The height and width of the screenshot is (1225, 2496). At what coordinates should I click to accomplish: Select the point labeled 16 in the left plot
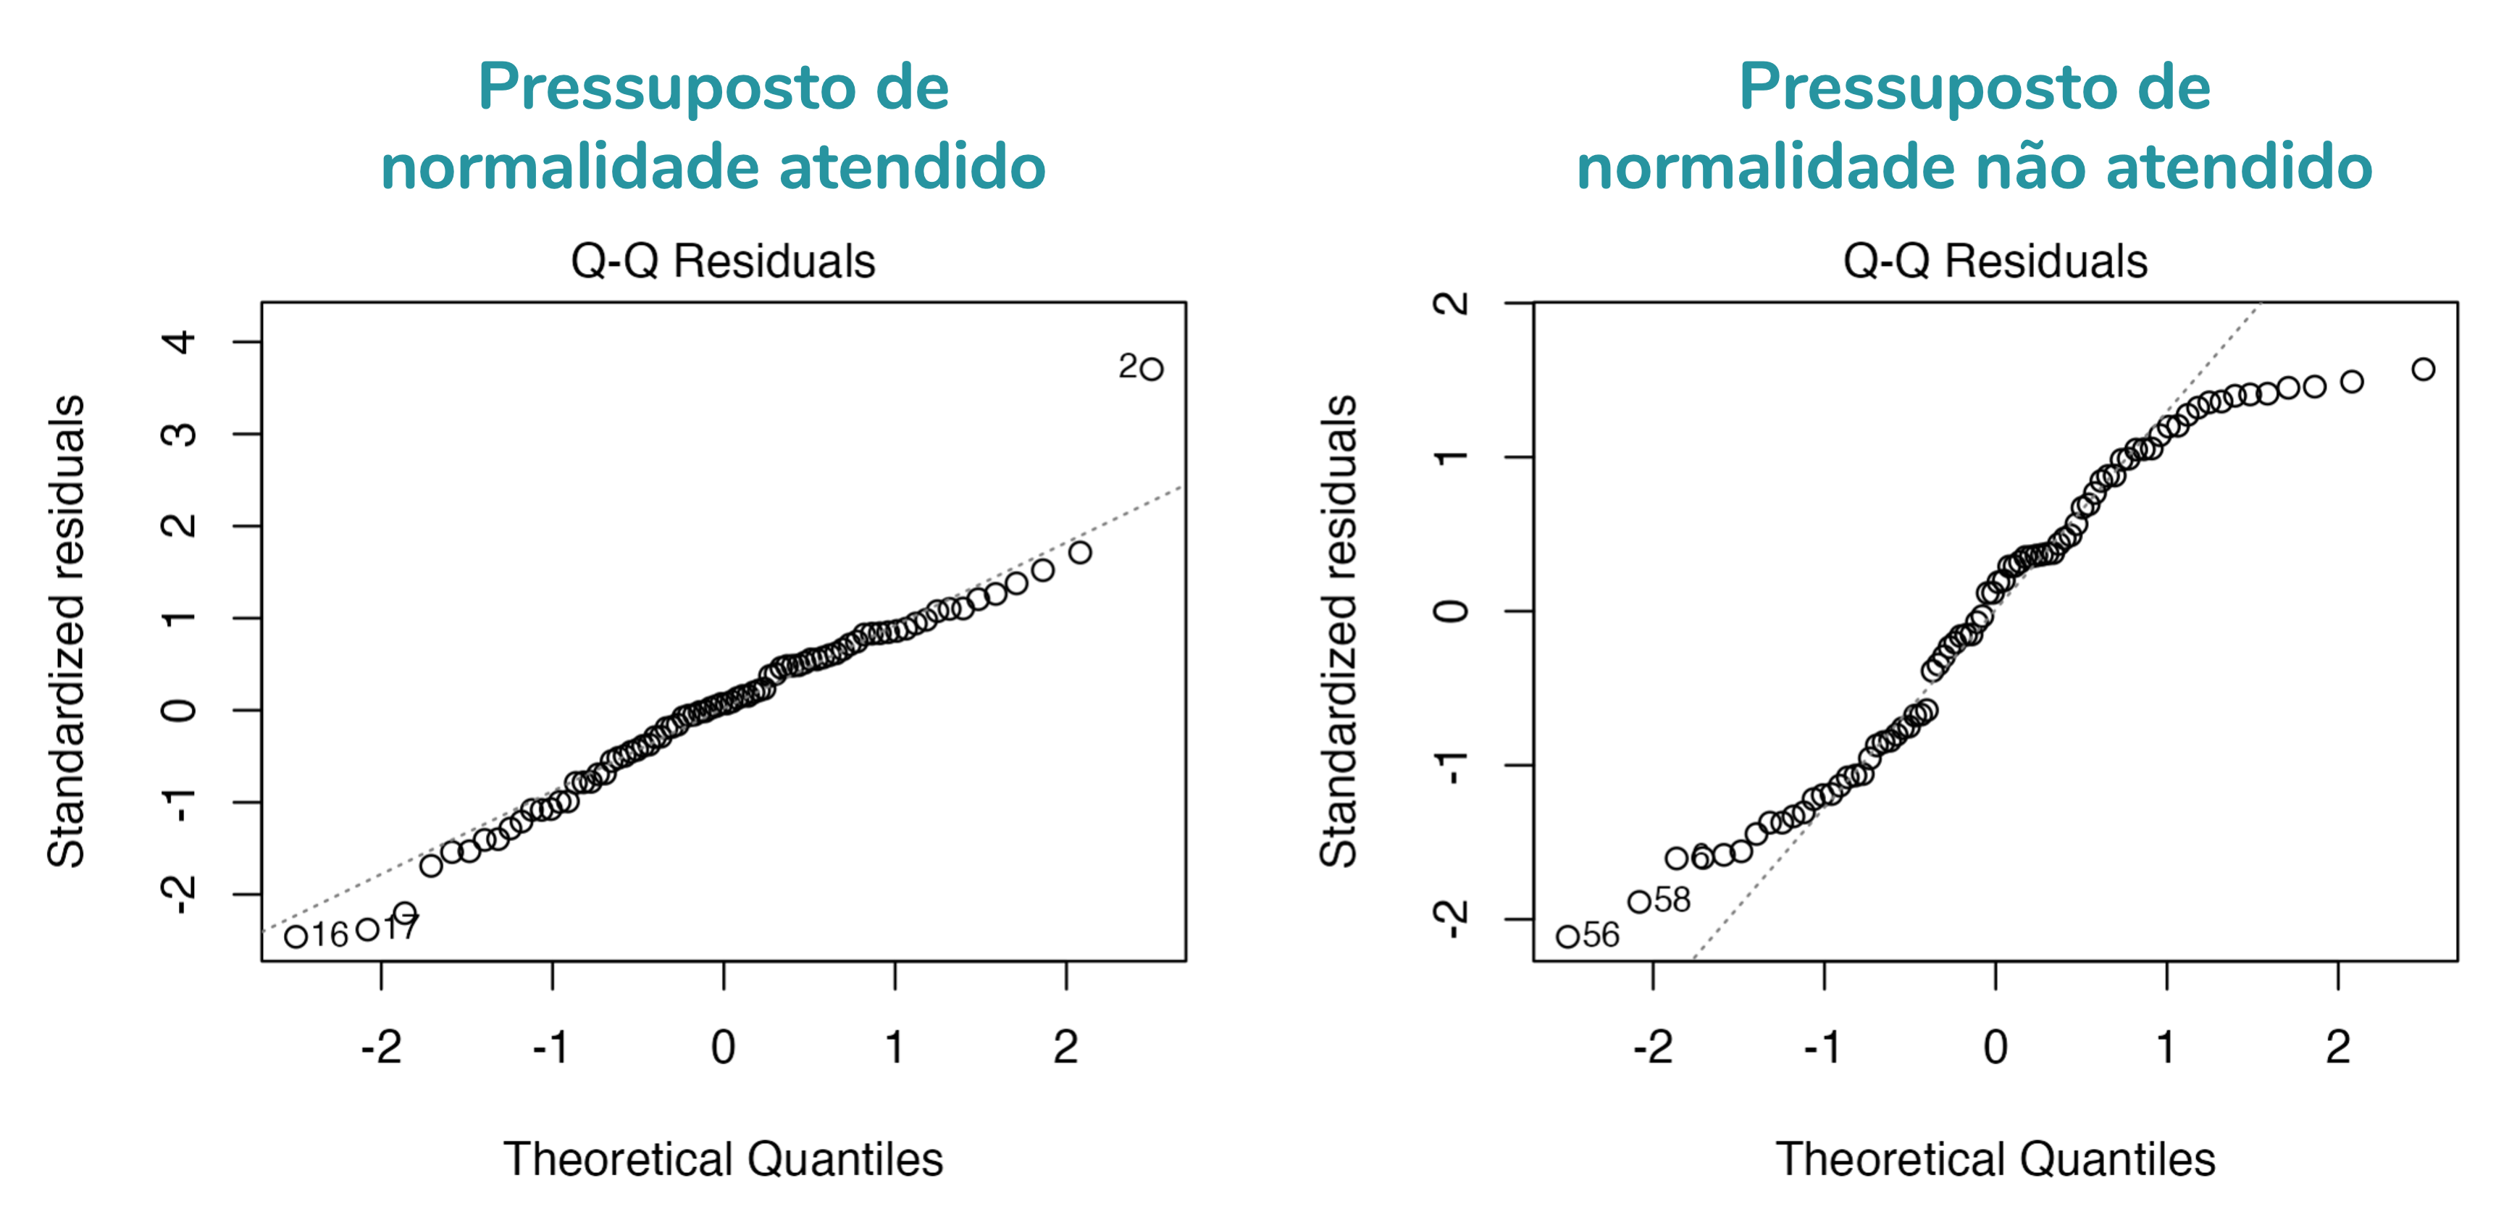coord(296,936)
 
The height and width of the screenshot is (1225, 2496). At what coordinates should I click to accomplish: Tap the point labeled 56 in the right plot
coord(1567,936)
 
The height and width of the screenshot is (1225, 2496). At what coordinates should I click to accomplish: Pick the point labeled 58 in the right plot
coord(1638,901)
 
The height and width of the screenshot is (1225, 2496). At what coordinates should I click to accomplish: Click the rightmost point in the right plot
coord(2424,369)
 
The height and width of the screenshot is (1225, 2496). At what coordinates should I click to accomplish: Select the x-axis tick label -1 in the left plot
coord(551,1047)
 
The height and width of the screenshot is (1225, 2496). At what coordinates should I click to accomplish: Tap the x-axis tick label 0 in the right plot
coord(1995,1047)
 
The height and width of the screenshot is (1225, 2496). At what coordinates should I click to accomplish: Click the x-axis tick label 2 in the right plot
coord(2338,1047)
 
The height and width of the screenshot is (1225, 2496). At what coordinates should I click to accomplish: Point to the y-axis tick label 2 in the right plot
coord(1452,304)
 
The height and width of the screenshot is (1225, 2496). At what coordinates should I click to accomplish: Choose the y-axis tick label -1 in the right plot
coord(1452,766)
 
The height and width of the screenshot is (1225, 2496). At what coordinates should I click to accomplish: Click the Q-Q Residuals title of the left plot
coord(723,261)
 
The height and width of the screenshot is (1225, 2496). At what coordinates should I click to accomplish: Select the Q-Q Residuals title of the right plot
coord(1995,261)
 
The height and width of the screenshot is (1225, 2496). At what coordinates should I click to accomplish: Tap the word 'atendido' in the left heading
coord(913,167)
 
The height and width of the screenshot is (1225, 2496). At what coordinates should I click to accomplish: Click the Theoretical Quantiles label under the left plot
coord(723,1159)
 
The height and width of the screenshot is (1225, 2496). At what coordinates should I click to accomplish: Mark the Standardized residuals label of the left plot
coord(67,630)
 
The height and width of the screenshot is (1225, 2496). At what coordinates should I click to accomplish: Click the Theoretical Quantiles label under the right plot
coord(1995,1159)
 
